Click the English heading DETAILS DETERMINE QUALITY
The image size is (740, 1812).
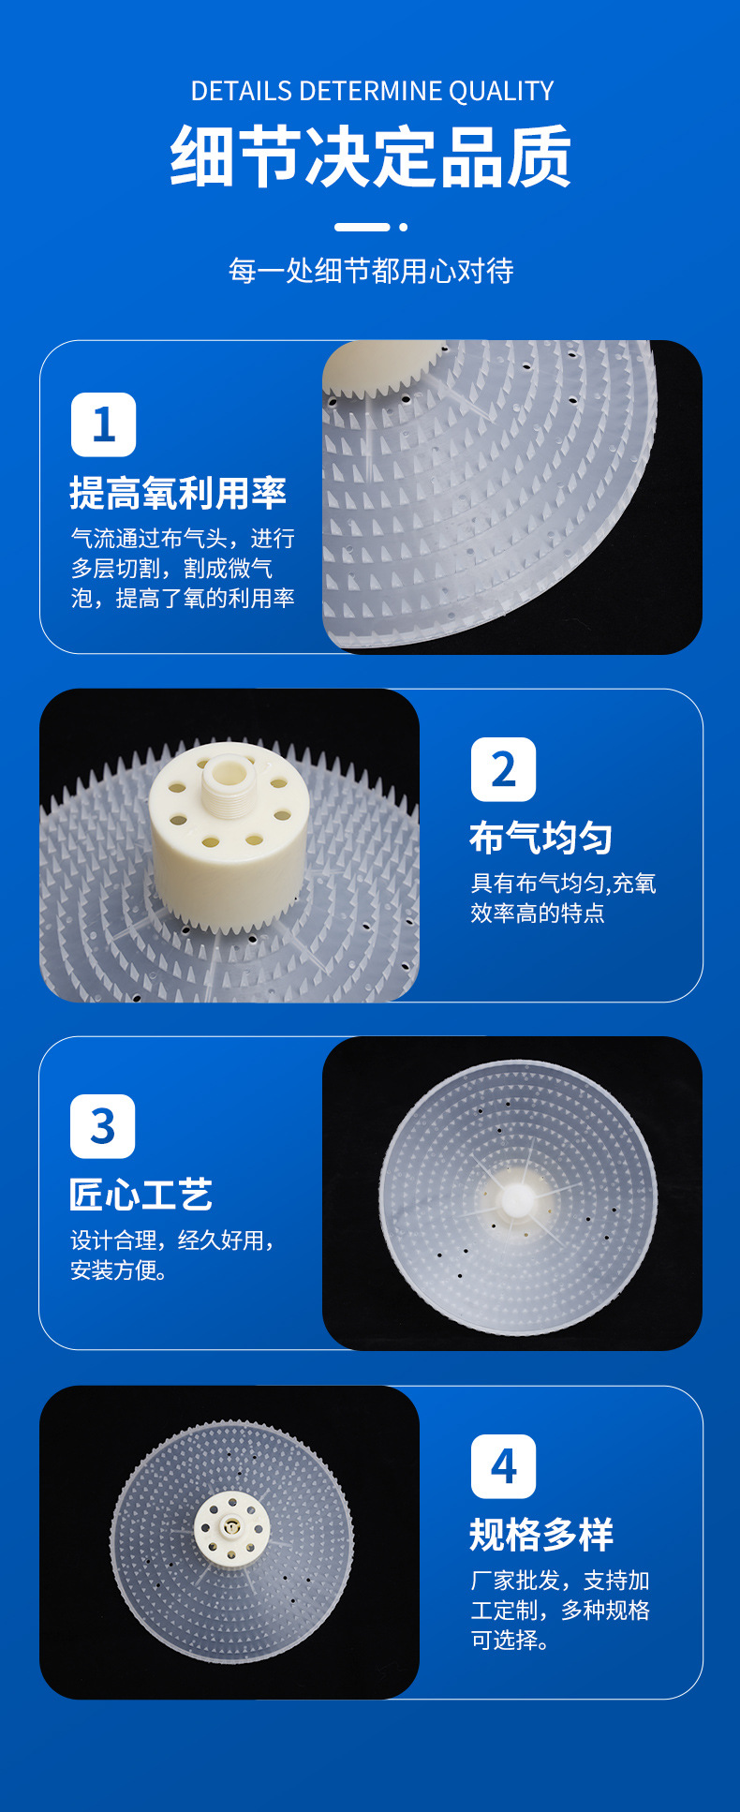coord(372,91)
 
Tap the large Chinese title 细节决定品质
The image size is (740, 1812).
coord(371,156)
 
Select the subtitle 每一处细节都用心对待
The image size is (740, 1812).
coord(371,271)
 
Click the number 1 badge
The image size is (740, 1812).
coord(103,424)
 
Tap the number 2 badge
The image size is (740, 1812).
coord(503,769)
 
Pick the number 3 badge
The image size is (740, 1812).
coord(103,1126)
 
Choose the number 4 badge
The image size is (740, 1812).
coord(503,1466)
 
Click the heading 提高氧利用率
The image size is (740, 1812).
coord(178,493)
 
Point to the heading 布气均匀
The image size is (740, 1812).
coord(541,838)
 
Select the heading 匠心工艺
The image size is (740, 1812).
coord(141,1195)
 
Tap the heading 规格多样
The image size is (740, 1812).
coord(541,1535)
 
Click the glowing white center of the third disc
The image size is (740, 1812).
coord(517,1199)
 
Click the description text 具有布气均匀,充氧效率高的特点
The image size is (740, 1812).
coord(563,898)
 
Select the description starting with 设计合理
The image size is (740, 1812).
coord(173,1255)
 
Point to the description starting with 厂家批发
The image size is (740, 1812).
coord(560,1610)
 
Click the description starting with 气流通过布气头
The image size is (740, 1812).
coord(183,568)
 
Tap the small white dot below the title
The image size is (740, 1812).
coord(403,227)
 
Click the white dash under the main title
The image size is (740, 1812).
coord(363,227)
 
